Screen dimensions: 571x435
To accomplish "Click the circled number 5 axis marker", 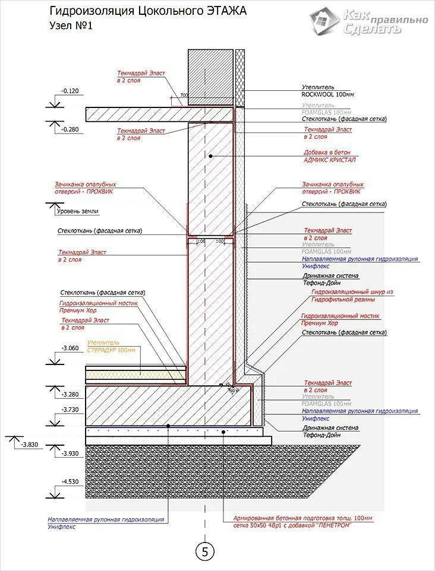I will click(x=205, y=551).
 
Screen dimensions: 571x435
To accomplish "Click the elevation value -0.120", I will click(x=70, y=91).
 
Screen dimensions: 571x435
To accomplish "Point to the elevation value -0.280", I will click(x=70, y=129).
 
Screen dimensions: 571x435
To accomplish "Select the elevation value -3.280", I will click(x=70, y=394).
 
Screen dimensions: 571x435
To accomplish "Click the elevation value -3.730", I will click(x=70, y=410).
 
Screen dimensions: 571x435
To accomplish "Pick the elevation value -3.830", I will click(x=28, y=444).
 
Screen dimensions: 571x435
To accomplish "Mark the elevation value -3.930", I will click(x=70, y=453).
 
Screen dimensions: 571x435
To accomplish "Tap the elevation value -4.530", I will click(x=70, y=482).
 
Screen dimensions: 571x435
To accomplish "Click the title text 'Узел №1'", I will click(x=71, y=26).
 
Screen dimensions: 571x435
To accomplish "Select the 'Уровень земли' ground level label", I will click(x=77, y=211).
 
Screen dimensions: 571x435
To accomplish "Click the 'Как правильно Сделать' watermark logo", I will click(x=368, y=21).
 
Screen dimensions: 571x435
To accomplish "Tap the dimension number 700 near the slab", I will click(x=184, y=95).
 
